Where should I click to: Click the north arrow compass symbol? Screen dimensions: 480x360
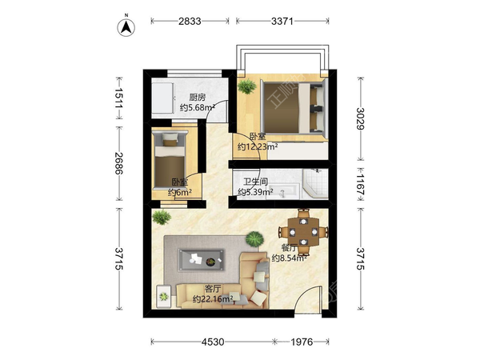(126, 27)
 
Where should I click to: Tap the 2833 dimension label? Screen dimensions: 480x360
(190, 21)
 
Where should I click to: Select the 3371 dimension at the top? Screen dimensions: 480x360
(282, 21)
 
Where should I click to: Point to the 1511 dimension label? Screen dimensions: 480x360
(118, 98)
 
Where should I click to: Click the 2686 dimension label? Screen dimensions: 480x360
(118, 163)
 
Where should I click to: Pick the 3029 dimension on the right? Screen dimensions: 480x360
(360, 118)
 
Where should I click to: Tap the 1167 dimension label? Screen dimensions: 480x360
(360, 185)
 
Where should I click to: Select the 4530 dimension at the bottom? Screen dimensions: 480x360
(213, 342)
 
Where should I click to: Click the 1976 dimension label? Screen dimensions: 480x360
(302, 342)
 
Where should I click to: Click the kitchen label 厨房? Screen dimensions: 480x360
(197, 98)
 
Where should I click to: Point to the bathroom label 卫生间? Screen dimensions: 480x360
(256, 182)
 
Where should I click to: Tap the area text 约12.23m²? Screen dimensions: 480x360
(258, 146)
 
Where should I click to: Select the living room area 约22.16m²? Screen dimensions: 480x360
(213, 298)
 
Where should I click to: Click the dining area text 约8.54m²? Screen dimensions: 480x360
(290, 258)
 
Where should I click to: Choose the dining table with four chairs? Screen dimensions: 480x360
(303, 232)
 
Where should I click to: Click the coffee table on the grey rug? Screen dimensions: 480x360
(201, 260)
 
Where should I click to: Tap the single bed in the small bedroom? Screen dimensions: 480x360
(170, 161)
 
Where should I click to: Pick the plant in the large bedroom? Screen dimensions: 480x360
(246, 86)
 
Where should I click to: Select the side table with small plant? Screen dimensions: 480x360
(164, 296)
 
